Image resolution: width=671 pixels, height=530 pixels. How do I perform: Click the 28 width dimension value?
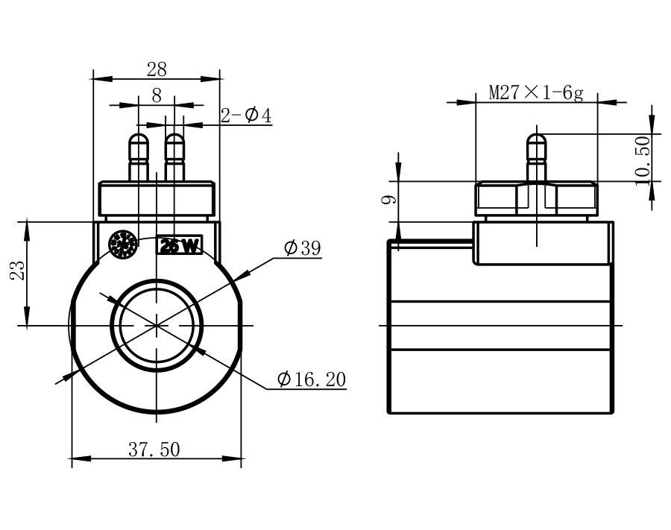157,69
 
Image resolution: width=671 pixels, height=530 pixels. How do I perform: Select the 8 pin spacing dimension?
157,95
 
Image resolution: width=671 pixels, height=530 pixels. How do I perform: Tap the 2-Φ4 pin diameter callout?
246,116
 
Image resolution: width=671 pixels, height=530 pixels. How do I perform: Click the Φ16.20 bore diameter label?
312,379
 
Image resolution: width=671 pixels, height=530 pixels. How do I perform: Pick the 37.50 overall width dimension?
154,449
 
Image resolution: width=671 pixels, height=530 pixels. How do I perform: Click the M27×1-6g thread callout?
535,93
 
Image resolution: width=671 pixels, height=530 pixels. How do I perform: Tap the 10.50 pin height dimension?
643,157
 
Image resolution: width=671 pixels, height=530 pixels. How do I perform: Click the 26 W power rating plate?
179,246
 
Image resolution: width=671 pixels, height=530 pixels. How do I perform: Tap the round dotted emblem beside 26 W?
122,244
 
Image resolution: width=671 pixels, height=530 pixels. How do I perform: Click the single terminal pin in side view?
537,156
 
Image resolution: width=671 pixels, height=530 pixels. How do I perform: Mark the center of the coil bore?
157,324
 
